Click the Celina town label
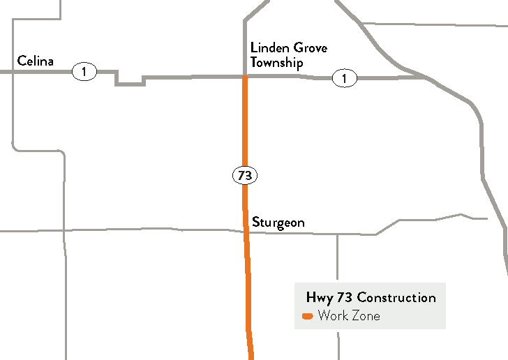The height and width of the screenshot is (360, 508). pos(36,61)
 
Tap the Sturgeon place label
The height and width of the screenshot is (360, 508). pos(278,223)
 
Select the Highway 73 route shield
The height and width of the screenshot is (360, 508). pos(244,176)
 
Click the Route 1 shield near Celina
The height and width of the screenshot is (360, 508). pos(84,71)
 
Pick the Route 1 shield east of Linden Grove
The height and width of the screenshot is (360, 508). pos(344,78)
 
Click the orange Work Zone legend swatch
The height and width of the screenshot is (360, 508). pos(307,317)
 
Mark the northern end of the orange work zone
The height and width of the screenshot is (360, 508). pos(245,77)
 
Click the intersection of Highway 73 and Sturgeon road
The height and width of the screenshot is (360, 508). pos(246,232)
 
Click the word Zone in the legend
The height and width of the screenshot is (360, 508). pos(365,316)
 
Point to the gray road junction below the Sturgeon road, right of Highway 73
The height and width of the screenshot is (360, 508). pos(338,234)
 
